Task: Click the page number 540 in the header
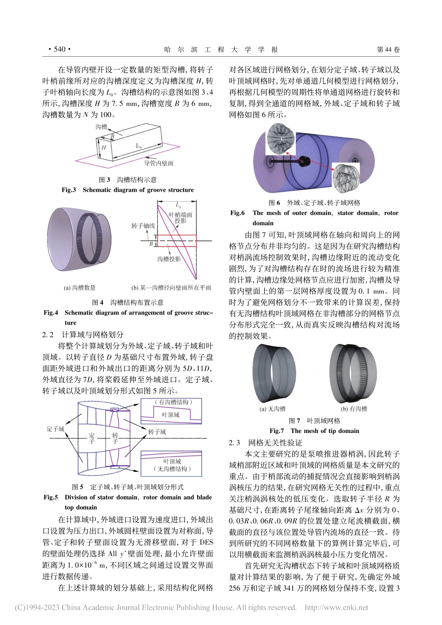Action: (x=59, y=49)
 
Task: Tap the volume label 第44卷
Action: (x=388, y=49)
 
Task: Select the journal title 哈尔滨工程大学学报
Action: (x=221, y=49)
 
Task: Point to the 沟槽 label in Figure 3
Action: (x=101, y=126)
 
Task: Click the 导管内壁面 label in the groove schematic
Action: (x=159, y=163)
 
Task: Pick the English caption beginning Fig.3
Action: (x=127, y=190)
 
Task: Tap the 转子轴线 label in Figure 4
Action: (x=143, y=226)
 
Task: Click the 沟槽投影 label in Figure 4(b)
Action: (x=169, y=259)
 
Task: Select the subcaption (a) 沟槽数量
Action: (x=80, y=288)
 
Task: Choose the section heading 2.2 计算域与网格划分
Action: (x=83, y=334)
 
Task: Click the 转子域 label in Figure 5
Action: (x=157, y=432)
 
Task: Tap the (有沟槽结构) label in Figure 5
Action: (x=172, y=402)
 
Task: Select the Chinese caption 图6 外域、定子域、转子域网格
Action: (x=315, y=203)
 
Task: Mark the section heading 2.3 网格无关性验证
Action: (x=265, y=443)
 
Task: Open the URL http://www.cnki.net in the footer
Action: (x=336, y=607)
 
